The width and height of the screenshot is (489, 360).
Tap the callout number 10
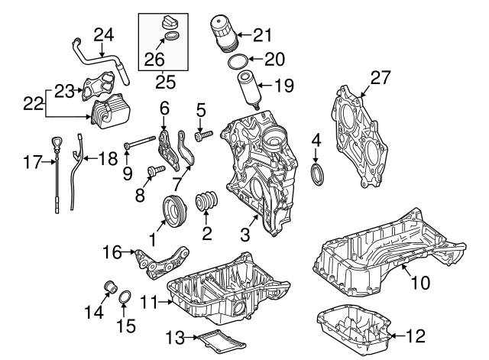click(421, 284)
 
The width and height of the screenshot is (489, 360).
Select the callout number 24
click(103, 34)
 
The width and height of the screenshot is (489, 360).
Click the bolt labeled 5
click(203, 136)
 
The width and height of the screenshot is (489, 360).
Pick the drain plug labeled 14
click(109, 289)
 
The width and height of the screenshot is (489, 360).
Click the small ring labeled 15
click(127, 298)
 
